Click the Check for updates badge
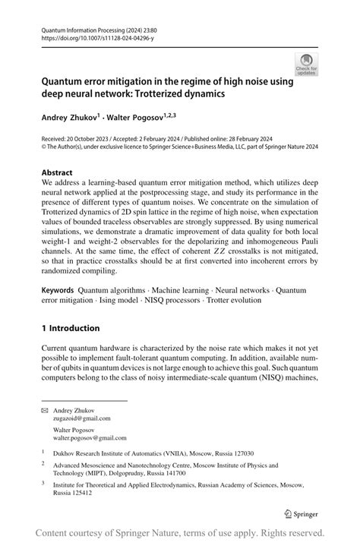tap(308, 64)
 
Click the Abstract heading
tap(58, 172)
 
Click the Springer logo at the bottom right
tap(300, 512)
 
